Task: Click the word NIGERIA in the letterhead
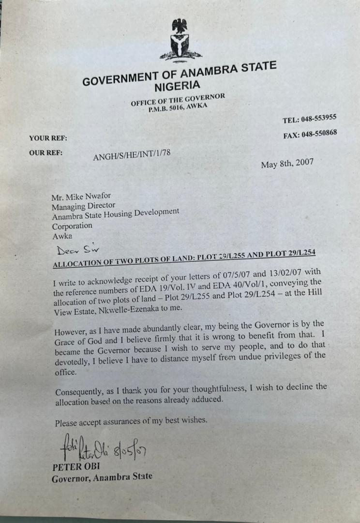[x=177, y=86]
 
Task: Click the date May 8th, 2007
[x=287, y=164]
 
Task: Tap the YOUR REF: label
[x=48, y=138]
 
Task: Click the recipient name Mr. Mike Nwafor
[x=81, y=197]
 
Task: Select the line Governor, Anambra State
[x=102, y=477]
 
